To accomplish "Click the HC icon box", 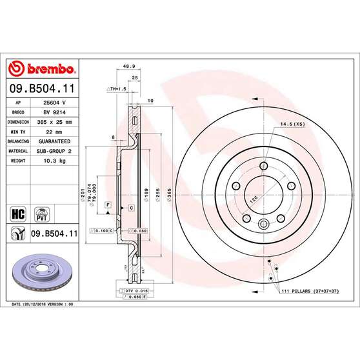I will tap(17, 213).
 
